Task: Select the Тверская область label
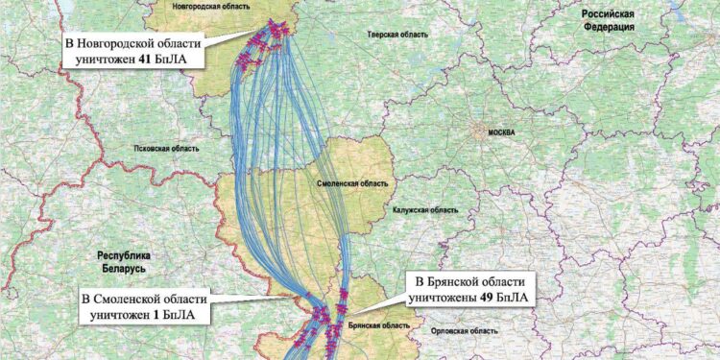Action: click(395, 34)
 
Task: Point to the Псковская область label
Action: click(165, 149)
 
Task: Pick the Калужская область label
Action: click(424, 208)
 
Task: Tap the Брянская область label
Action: click(369, 325)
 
